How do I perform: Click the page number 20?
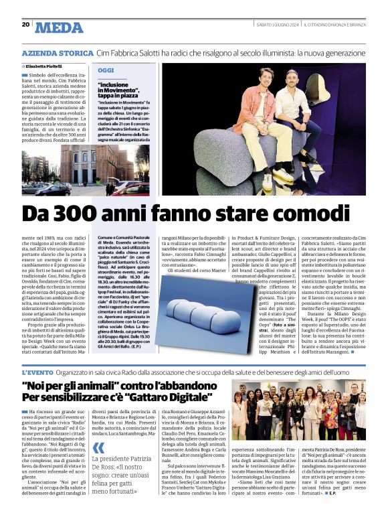click(25, 24)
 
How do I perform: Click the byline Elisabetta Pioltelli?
click(46, 67)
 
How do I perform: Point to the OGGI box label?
click(106, 70)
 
